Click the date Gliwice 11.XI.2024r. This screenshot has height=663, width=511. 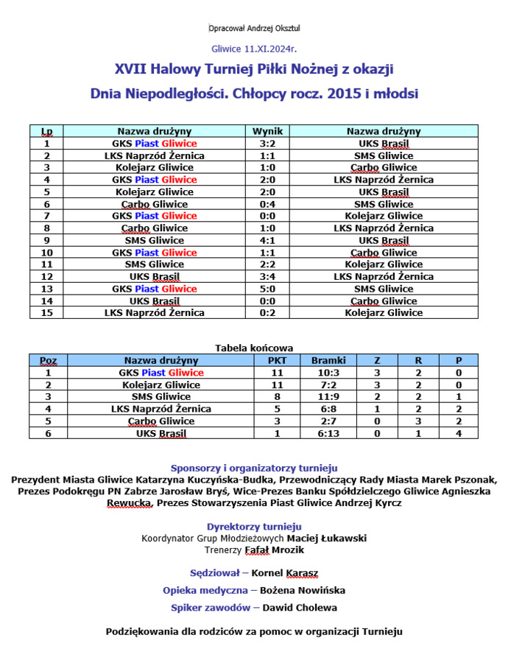coord(253,49)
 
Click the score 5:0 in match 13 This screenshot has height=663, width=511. coord(267,289)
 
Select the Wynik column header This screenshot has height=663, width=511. coord(267,131)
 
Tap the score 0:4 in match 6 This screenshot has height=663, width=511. coord(267,204)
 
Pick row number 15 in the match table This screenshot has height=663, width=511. coord(47,313)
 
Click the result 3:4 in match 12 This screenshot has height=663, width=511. coord(267,277)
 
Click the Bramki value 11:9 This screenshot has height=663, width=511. coord(328,397)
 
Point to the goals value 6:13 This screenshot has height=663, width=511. coord(328,434)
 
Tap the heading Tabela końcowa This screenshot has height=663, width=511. coord(254,348)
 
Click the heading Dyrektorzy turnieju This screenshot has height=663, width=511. coord(254,527)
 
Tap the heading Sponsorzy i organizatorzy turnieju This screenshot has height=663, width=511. coord(254,468)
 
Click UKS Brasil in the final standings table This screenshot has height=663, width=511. coord(161,434)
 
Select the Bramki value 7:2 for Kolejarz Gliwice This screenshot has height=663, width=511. coord(328,385)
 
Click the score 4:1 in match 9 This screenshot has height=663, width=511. coord(267,240)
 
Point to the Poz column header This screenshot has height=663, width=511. coord(48,361)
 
